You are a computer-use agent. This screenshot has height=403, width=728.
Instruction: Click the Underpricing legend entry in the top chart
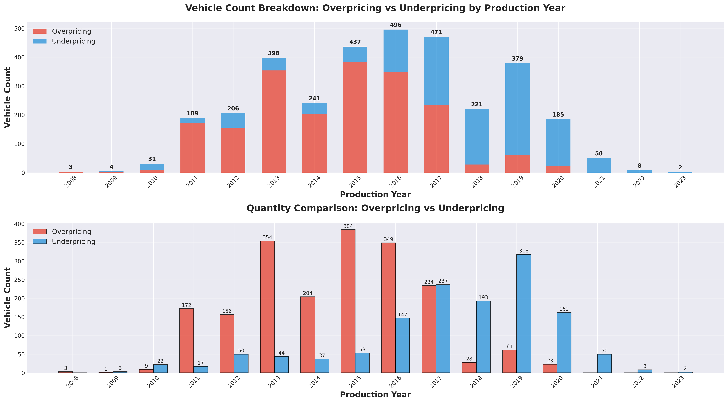(73, 41)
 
